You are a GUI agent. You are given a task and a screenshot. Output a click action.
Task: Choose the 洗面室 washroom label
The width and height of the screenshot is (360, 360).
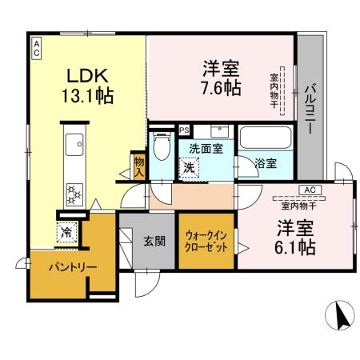pos(206,148)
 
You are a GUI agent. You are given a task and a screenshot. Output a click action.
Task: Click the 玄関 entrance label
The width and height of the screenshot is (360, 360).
pos(154,240)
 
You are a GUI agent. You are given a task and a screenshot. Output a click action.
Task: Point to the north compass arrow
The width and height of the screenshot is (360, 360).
pos(341,318)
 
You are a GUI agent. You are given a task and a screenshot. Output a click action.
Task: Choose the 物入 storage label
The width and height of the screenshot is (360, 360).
pos(138,166)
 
